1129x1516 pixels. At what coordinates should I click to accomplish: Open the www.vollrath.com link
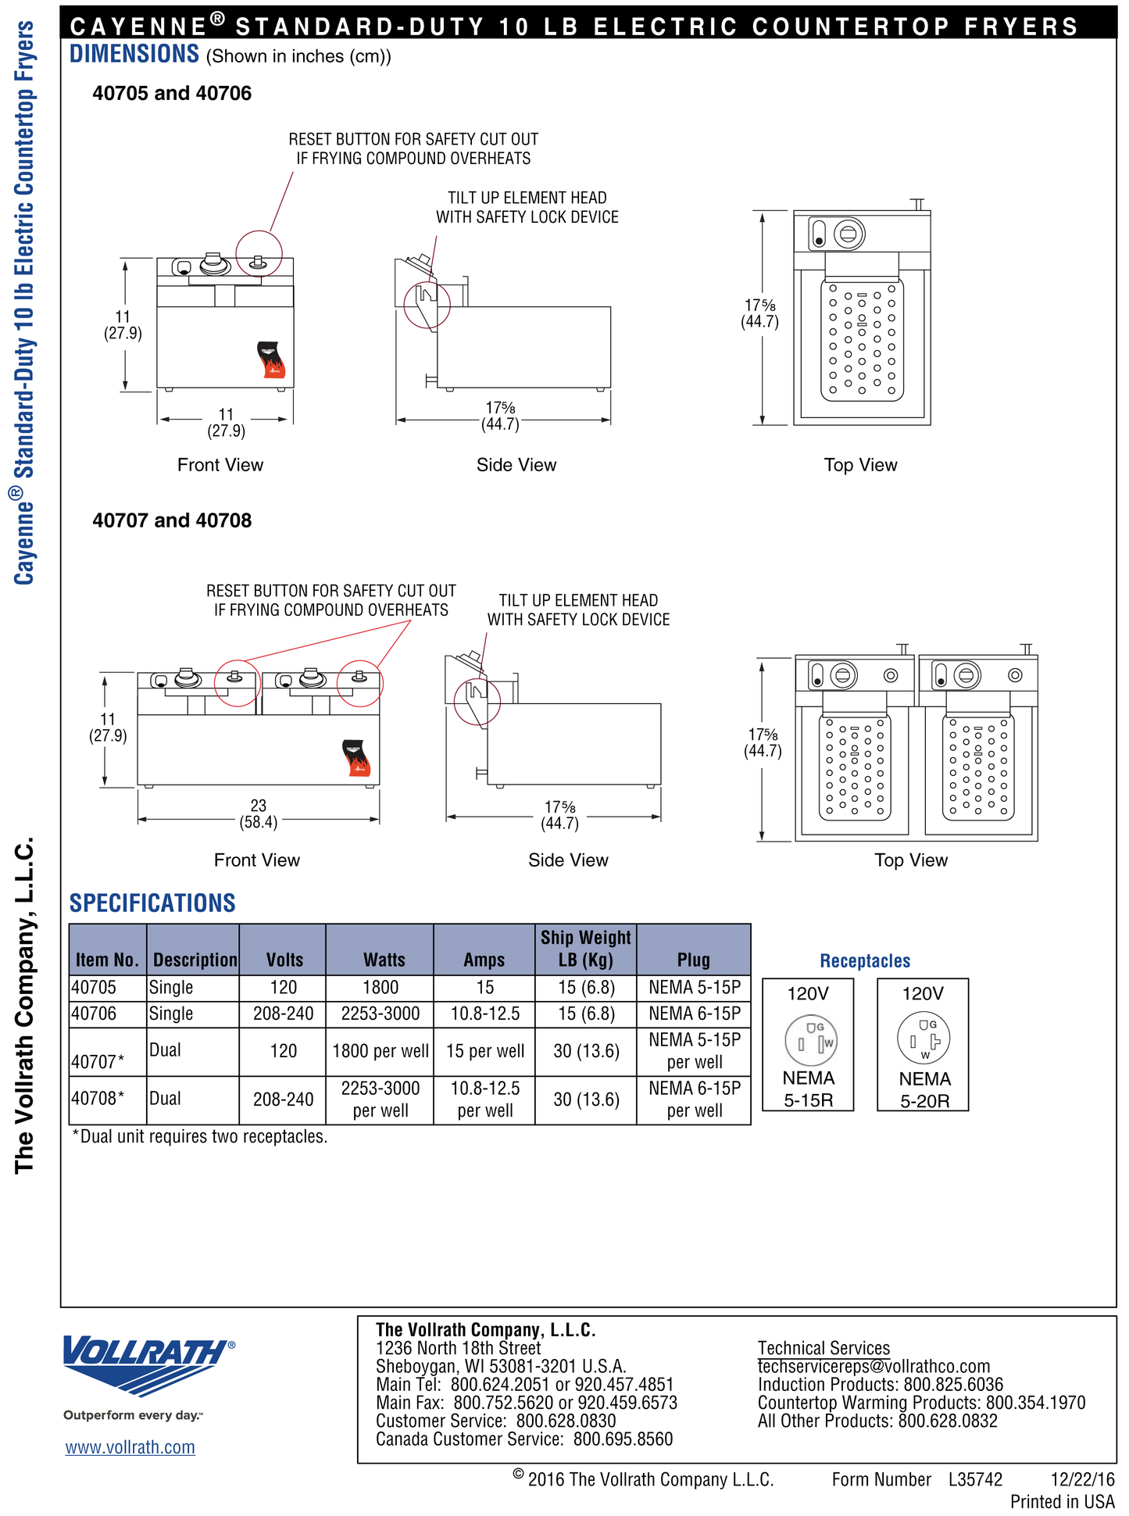point(130,1447)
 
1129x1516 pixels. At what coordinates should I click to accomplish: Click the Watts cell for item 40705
point(380,988)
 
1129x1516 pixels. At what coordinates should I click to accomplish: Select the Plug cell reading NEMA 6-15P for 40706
point(694,1014)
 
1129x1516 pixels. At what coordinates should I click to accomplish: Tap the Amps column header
point(484,960)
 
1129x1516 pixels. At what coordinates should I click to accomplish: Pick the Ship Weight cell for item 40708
point(586,1099)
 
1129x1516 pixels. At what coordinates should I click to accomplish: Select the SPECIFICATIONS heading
point(152,903)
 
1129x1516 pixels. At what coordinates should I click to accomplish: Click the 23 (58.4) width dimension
point(259,813)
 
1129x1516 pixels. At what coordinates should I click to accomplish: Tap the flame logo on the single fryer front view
point(271,359)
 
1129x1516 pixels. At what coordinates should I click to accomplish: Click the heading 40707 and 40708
point(172,520)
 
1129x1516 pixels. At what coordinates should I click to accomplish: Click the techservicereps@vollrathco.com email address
point(874,1367)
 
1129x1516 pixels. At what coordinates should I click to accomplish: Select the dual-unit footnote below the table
point(200,1136)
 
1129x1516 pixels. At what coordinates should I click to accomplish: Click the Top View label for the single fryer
point(860,465)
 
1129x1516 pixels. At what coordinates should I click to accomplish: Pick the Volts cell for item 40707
point(283,1051)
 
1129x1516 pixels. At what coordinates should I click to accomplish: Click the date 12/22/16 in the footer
point(1082,1479)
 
